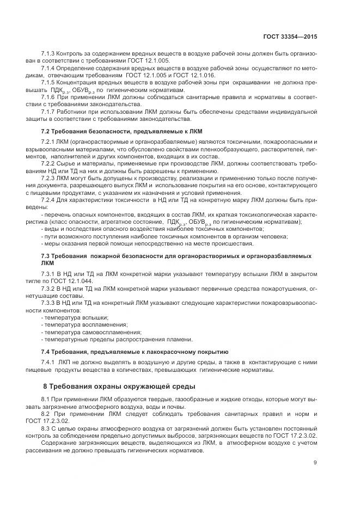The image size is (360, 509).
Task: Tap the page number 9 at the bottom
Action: [315, 463]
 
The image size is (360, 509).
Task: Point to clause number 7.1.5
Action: [50, 81]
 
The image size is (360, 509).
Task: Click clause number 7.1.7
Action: [50, 112]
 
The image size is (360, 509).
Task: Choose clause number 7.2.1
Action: [50, 142]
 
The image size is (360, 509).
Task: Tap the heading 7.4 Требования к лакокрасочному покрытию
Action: [135, 351]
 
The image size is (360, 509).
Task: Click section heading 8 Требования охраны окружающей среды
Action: [119, 387]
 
